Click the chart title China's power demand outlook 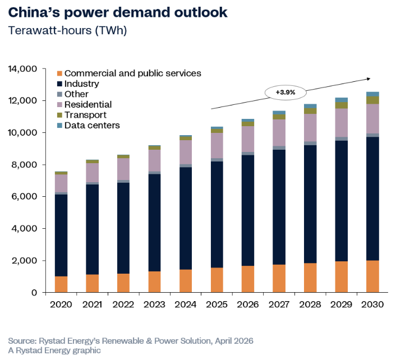118,13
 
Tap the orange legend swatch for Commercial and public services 59,73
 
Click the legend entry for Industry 82,84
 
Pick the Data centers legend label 92,125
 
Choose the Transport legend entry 85,115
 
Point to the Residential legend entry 88,104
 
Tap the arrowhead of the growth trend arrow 368,79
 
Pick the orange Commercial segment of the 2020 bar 61,284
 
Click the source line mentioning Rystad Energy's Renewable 130,341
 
